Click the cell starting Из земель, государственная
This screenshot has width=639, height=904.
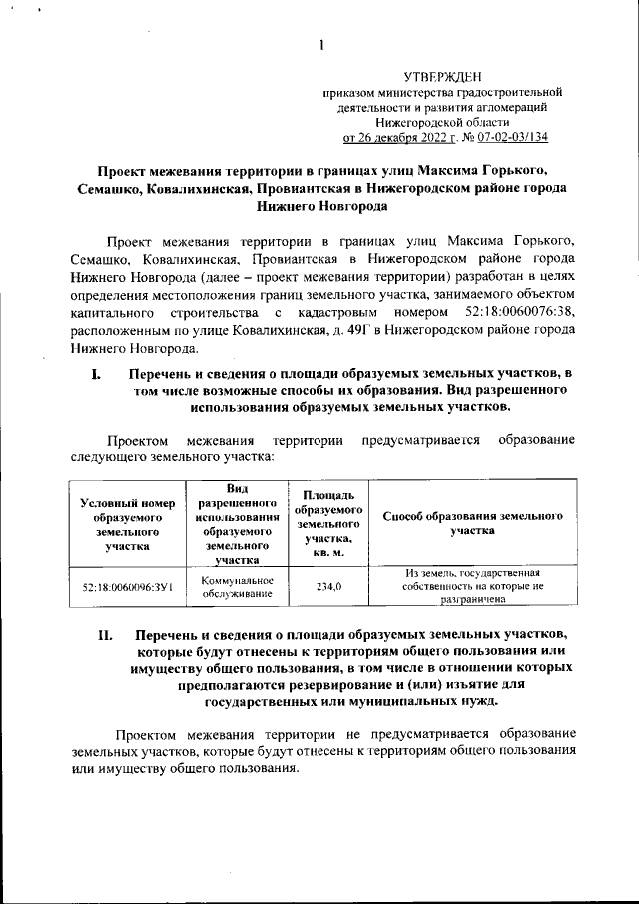click(x=472, y=587)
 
